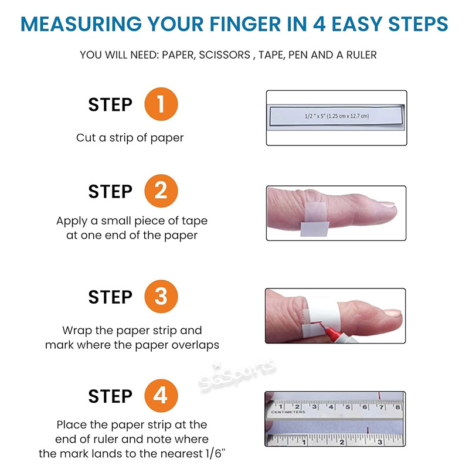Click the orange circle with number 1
coord(161,105)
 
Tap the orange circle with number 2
coord(161,192)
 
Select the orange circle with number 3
coord(161,297)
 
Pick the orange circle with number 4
coord(161,396)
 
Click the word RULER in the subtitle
coord(361,55)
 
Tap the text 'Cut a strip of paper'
coord(130,138)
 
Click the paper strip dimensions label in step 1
coord(337,117)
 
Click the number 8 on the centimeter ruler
coord(397,406)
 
